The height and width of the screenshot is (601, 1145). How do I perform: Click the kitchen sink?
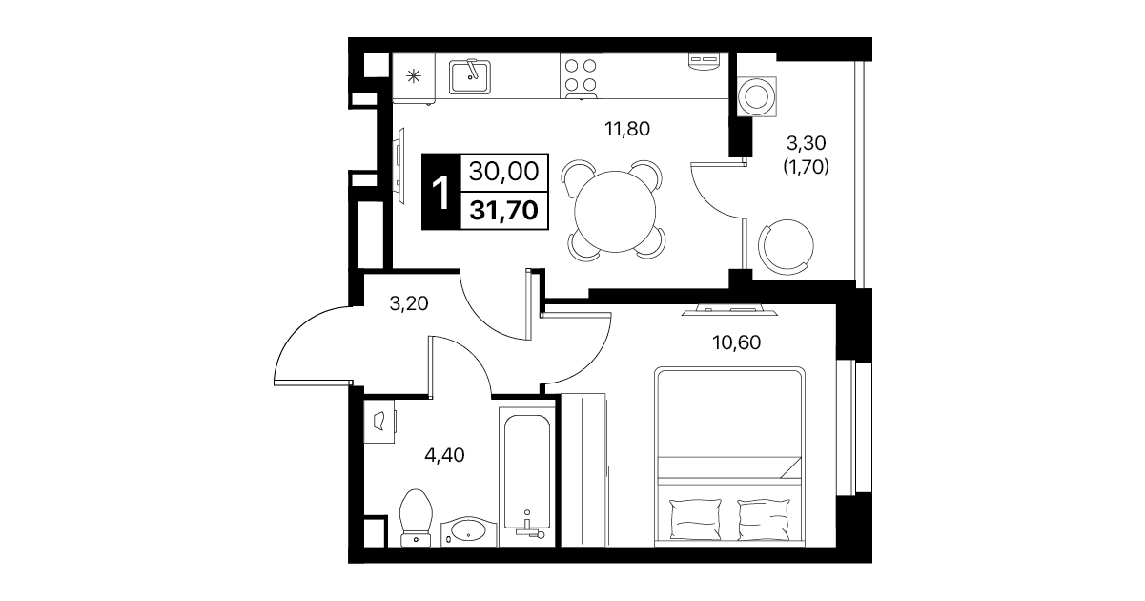click(470, 76)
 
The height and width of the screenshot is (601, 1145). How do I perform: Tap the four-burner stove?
click(582, 75)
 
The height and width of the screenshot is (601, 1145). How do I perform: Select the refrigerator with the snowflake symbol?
click(414, 76)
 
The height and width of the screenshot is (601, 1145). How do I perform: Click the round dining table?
click(615, 211)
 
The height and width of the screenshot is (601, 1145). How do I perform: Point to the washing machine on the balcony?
click(757, 96)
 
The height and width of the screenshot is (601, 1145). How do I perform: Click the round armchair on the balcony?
click(786, 246)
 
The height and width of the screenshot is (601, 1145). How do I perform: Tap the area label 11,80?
click(627, 129)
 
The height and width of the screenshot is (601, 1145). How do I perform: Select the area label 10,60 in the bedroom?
click(737, 342)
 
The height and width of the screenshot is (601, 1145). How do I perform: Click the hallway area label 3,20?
click(409, 303)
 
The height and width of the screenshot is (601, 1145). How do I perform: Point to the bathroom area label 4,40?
click(444, 455)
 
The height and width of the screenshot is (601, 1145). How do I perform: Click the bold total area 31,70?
click(504, 210)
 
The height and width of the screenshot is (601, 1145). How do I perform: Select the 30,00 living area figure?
click(504, 172)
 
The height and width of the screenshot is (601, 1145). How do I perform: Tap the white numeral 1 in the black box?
click(440, 193)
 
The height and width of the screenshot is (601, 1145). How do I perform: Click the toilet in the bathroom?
click(416, 518)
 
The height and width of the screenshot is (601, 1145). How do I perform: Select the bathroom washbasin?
click(469, 532)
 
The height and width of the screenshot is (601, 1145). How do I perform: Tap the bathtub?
click(527, 477)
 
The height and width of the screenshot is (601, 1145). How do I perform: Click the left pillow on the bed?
click(695, 519)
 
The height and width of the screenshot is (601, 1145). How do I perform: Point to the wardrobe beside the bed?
click(583, 469)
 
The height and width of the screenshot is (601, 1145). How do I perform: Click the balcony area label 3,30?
click(807, 143)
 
